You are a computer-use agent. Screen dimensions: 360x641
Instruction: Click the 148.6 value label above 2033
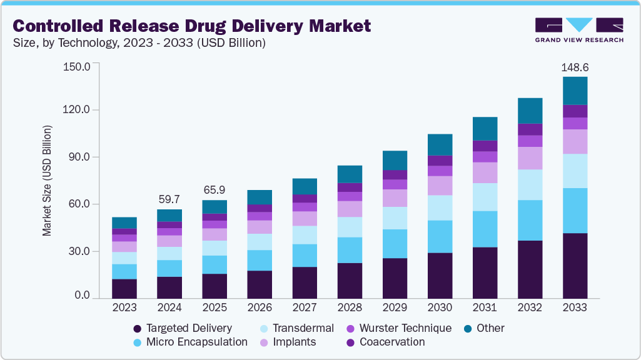(575, 67)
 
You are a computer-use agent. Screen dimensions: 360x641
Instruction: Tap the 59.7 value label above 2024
(169, 199)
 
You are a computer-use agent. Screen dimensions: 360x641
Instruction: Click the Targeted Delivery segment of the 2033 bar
(575, 266)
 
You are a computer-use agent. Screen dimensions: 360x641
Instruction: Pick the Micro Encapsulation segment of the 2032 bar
(530, 220)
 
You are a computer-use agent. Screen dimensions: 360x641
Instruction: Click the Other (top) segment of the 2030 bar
(440, 144)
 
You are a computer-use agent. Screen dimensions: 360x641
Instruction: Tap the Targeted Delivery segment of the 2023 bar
(124, 289)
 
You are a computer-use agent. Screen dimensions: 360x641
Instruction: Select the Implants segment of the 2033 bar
(575, 141)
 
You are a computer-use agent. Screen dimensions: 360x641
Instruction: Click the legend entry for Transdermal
(301, 328)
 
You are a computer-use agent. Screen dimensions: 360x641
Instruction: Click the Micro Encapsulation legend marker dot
(137, 342)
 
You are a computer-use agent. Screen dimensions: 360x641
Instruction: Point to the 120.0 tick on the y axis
(78, 110)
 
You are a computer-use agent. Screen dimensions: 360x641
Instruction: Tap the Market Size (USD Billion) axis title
(48, 181)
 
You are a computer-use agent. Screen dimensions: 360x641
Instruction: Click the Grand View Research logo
(578, 30)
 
